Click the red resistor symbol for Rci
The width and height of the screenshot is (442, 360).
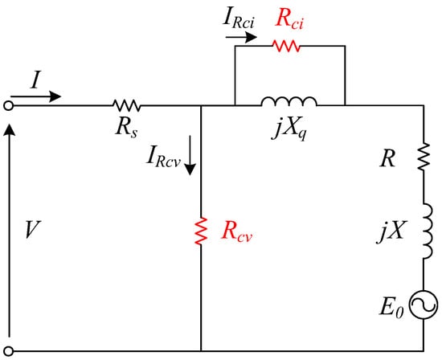[x=286, y=46]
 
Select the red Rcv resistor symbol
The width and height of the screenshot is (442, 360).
[x=201, y=231]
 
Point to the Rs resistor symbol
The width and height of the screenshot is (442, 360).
[x=126, y=106]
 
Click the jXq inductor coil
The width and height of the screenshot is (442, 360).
[x=289, y=101]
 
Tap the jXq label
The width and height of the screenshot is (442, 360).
[x=289, y=130]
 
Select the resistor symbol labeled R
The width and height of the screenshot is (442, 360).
[x=424, y=157]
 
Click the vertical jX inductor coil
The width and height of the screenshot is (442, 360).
[x=428, y=231]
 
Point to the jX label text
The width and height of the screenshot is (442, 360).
[x=392, y=231]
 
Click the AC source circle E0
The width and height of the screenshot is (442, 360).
[x=424, y=305]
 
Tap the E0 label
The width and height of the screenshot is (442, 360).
[x=391, y=307]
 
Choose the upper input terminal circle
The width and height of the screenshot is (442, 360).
[x=9, y=106]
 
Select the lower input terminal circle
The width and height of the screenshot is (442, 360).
[x=9, y=351]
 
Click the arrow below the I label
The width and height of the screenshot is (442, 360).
[x=36, y=96]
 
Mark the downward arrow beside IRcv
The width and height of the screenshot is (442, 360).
[x=190, y=155]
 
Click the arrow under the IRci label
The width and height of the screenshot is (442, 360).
[x=241, y=37]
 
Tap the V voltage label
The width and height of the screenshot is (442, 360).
[x=33, y=230]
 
